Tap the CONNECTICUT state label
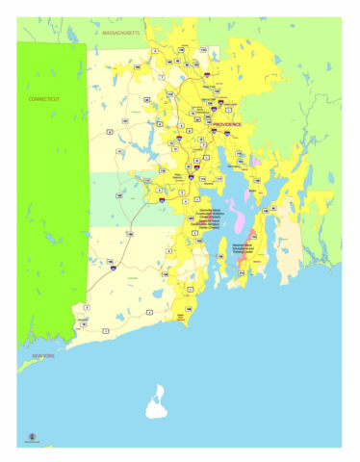coord(43,98)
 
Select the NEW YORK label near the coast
coord(43,357)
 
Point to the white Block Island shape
coord(157,403)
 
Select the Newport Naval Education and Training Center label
coord(251,245)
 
